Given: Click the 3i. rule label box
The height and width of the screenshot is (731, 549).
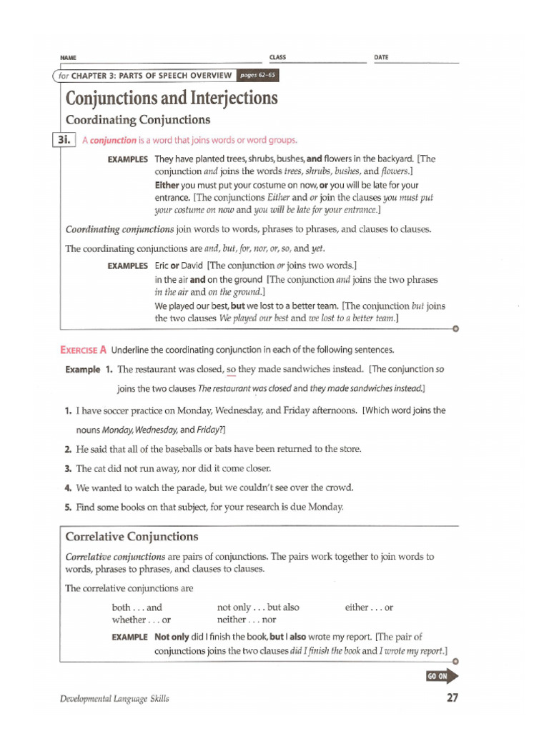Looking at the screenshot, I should point(65,140).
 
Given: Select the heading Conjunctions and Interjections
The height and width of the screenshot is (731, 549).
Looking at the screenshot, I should point(171,98).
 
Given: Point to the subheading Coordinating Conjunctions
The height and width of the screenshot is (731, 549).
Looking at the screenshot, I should point(137,120).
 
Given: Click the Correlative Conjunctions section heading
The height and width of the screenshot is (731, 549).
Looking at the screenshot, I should point(132,536).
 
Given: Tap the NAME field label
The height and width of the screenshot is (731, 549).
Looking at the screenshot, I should point(68,57).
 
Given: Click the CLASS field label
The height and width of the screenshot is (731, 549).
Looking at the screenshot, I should point(277,56).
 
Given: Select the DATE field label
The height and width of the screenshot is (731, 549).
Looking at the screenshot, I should point(381,56).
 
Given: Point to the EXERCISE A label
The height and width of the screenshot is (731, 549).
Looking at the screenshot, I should point(83,350).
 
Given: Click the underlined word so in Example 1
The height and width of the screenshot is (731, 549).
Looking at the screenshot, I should point(231,369).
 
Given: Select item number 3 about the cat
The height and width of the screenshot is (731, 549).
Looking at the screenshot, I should point(67,468).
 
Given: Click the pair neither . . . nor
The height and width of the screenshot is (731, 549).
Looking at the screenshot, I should point(246,620).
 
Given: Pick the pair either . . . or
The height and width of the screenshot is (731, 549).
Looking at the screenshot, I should point(369,608).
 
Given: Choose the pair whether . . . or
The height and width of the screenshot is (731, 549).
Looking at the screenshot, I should point(141,620).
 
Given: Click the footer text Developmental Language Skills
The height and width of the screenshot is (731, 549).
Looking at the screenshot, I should point(114,699).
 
